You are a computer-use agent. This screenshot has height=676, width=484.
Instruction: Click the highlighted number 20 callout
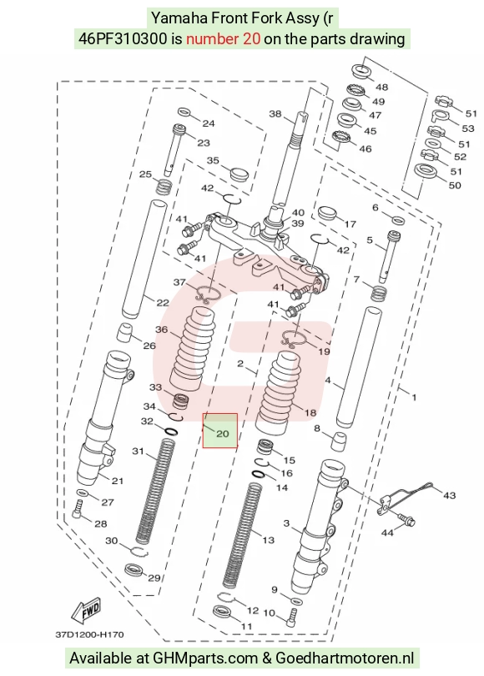click(x=223, y=434)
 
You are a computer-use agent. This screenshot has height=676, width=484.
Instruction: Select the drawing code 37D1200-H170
click(x=89, y=634)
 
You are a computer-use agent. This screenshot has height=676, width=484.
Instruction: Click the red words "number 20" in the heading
click(x=223, y=38)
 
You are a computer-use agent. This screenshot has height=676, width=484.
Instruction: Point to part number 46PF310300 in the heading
click(x=123, y=38)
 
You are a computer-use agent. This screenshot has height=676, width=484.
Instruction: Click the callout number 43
click(x=449, y=496)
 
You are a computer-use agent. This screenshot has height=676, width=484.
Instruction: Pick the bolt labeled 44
click(x=406, y=519)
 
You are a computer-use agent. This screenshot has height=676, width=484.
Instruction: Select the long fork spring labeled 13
click(x=242, y=536)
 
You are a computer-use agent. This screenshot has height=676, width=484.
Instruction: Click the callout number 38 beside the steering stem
click(x=275, y=114)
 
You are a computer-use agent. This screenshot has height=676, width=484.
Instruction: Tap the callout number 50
click(x=455, y=185)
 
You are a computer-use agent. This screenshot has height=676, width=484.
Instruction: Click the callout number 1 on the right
click(x=414, y=397)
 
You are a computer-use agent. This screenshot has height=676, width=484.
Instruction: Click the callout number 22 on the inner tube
click(x=163, y=303)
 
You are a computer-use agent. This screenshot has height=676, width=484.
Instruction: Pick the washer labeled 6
click(x=398, y=219)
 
